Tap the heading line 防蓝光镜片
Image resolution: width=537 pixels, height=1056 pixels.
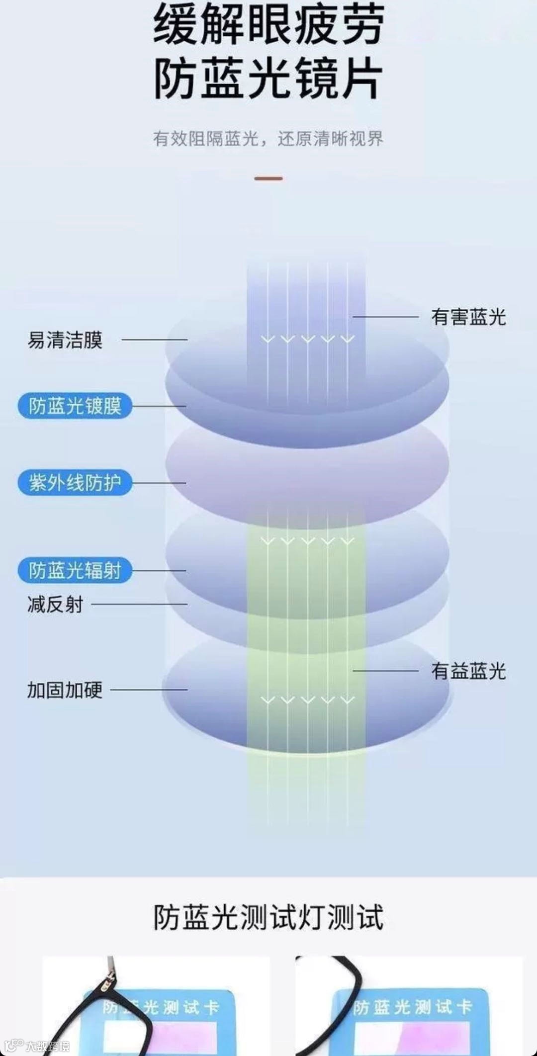268,79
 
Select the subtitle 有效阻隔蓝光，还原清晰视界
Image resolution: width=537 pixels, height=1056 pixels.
268,139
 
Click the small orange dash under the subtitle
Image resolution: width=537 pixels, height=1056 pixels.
268,178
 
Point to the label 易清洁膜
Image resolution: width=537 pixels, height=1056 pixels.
65,340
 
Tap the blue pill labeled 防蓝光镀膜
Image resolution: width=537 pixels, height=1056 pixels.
75,406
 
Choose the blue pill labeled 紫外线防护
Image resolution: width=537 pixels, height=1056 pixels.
75,482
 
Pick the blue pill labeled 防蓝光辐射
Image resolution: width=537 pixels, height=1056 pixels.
75,570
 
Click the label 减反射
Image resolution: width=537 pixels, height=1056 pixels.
55,605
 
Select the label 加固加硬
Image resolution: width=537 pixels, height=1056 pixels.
65,690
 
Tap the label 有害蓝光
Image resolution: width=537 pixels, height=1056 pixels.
468,317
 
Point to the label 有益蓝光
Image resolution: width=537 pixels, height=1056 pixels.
468,671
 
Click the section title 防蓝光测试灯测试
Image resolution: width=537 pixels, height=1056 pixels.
268,917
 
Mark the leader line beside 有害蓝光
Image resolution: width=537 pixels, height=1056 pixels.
385,317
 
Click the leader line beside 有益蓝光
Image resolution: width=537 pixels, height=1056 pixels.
385,671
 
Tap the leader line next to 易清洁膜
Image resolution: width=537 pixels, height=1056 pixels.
154,340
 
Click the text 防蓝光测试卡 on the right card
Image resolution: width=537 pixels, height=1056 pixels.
413,1007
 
